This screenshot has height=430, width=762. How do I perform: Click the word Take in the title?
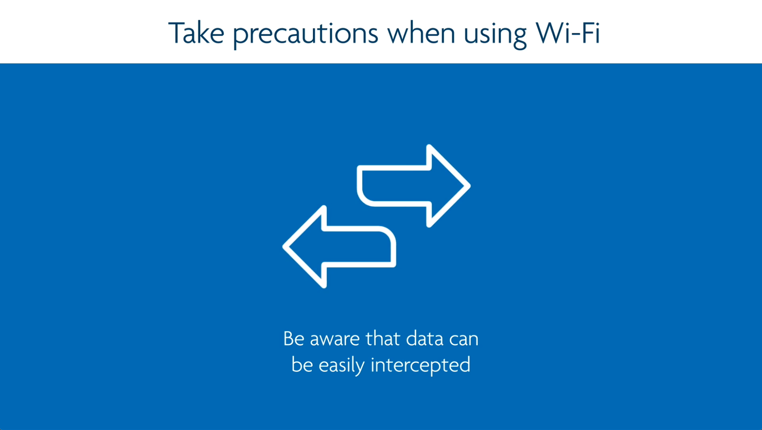[x=196, y=32]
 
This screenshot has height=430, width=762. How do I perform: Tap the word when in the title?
[x=422, y=33]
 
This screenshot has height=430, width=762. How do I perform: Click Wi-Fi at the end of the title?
[x=567, y=32]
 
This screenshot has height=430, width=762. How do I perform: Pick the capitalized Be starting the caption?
[x=293, y=338]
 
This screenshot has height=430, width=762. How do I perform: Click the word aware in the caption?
[x=335, y=340]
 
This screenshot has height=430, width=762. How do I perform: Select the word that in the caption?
[x=383, y=338]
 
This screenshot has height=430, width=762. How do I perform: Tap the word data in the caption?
[x=425, y=338]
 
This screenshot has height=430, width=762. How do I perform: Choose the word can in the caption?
[x=464, y=340]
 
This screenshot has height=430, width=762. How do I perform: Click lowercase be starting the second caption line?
[x=302, y=364]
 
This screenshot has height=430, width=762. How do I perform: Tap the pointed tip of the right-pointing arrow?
[x=470, y=186]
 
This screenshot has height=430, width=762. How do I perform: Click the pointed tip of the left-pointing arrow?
[x=283, y=247]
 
